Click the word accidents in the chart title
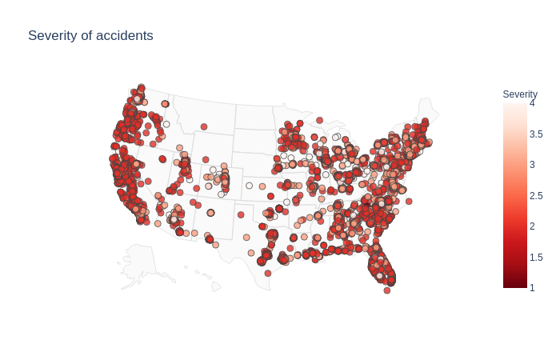[122, 36]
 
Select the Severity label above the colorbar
[520, 94]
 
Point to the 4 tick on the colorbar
[532, 103]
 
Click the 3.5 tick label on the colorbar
[536, 134]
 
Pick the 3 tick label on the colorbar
[532, 165]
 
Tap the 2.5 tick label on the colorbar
[536, 196]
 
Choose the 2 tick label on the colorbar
[532, 226]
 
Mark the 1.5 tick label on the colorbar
[536, 258]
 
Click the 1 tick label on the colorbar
[532, 288]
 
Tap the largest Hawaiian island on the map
[215, 286]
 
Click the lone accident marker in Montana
[204, 126]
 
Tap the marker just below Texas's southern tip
[267, 273]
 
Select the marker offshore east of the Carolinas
[409, 202]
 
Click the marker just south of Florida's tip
[386, 290]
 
